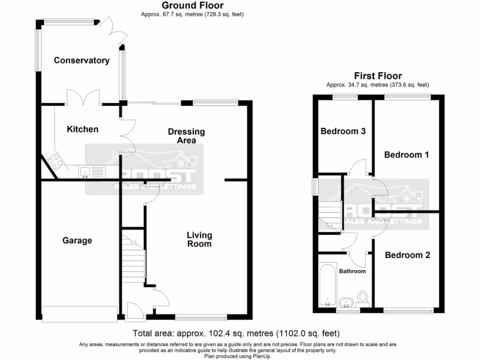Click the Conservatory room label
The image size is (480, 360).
[82, 60]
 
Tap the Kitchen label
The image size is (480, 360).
[82, 129]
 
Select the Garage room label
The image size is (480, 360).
[77, 240]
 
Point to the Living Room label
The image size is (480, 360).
[199, 239]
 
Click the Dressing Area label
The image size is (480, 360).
[187, 136]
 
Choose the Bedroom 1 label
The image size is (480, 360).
[406, 155]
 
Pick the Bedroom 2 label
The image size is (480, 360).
[407, 255]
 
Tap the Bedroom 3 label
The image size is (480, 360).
[343, 131]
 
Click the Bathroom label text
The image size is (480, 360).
[352, 271]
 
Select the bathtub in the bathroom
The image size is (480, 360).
[326, 285]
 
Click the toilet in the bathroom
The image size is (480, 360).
[363, 297]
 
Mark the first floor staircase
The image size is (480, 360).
[330, 214]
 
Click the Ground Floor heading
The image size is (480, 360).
[193, 6]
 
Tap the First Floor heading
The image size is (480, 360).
[378, 76]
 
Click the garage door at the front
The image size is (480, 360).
[79, 313]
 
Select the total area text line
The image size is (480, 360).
[236, 334]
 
